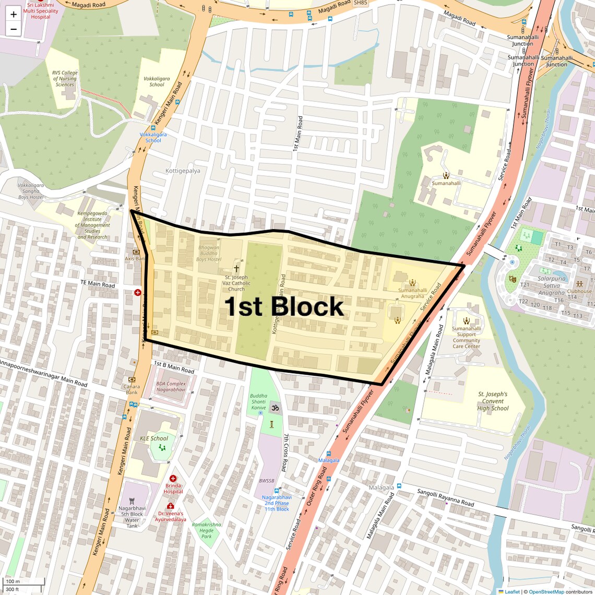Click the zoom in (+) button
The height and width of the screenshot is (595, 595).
14,15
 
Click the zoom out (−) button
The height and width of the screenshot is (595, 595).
14,29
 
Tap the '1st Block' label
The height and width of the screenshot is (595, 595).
284,306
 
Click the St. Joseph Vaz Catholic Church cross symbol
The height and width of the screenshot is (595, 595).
236,268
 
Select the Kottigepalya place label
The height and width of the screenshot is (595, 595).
183,171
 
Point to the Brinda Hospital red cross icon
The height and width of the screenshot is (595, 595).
173,478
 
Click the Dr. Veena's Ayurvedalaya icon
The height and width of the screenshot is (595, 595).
170,506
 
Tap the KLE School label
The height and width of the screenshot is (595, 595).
154,438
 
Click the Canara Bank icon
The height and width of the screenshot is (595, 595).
132,379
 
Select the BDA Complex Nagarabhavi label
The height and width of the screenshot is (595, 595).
171,387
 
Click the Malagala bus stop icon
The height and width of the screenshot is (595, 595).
328,454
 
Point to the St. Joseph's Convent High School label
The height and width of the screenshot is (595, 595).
493,401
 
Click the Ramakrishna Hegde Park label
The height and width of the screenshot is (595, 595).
207,530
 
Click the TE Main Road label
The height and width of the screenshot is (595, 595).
98,284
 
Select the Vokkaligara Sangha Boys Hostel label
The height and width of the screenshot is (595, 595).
31,191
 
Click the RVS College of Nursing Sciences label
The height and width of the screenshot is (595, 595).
65,79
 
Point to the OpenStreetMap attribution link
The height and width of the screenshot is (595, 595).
546,592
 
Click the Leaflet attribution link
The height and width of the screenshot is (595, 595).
511,592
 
